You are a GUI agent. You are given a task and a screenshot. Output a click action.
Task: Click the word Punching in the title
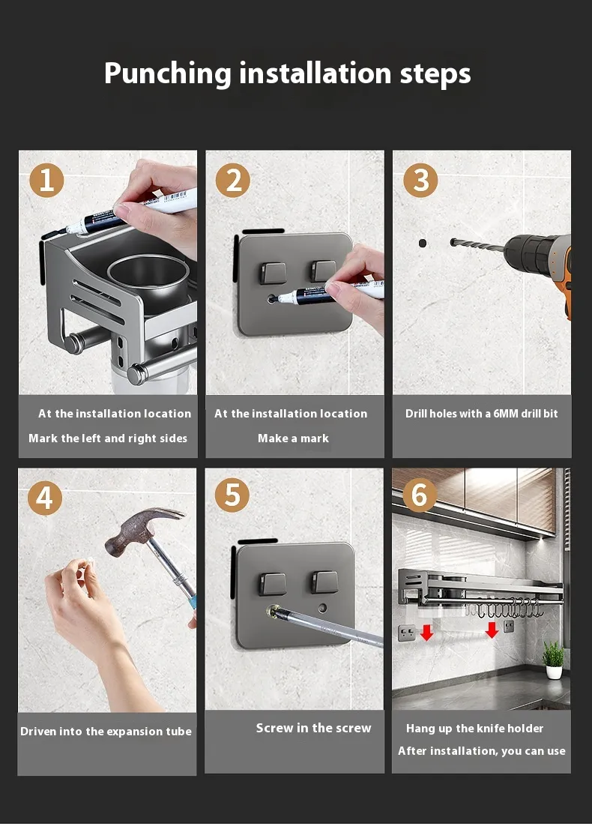pos(168,73)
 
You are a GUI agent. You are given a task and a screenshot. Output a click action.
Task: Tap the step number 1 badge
pos(46,180)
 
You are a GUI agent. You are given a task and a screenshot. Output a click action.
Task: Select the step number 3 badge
pos(420,180)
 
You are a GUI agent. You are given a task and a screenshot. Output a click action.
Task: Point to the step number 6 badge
pos(419,495)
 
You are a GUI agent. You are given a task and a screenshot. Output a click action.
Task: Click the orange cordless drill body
pos(543,262)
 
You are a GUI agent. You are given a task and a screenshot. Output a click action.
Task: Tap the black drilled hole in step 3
pos(423,243)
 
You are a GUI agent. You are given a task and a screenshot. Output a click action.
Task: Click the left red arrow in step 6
pos(426,632)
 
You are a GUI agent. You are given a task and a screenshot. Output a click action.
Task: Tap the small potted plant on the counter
pos(553,660)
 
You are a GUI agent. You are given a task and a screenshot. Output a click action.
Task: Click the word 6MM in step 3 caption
pos(505,414)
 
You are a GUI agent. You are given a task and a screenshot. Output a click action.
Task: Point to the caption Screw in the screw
pos(313,728)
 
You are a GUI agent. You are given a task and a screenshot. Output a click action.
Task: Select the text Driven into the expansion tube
pos(106,731)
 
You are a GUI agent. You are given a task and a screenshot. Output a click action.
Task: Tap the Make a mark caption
pos(293,438)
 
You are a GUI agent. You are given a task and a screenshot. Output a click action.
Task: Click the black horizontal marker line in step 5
pos(258,541)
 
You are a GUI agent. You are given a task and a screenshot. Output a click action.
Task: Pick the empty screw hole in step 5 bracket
pos(322,609)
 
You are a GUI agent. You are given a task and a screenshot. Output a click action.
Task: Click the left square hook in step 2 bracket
pos(273,272)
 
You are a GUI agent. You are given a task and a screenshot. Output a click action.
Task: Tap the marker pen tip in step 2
pos(274,299)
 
